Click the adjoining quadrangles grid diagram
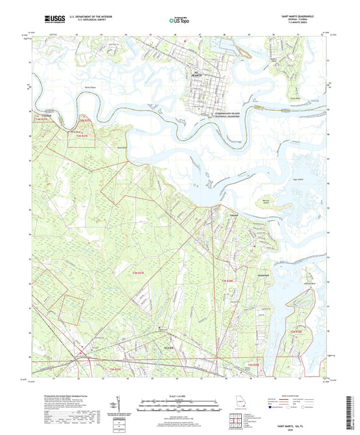pyautogui.click(x=237, y=419)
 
